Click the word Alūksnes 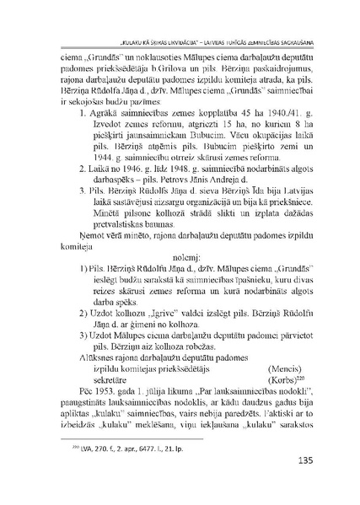[x=83, y=380]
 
